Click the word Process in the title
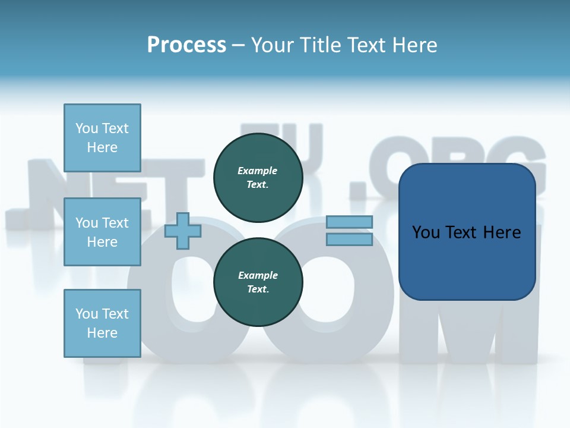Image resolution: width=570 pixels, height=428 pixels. (186, 45)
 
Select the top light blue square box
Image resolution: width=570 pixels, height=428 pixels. (102, 138)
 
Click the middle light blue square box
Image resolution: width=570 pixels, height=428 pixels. (102, 232)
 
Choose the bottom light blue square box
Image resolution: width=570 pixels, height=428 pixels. (102, 323)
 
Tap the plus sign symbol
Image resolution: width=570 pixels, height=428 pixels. (183, 231)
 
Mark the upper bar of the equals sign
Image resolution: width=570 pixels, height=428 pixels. (349, 222)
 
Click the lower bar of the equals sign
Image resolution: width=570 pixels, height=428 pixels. (349, 240)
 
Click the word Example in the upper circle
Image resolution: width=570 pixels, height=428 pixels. (258, 171)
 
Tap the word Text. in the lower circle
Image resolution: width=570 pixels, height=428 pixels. (258, 289)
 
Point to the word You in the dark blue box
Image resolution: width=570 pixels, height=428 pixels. (426, 232)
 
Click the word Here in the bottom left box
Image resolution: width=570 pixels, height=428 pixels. (102, 333)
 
